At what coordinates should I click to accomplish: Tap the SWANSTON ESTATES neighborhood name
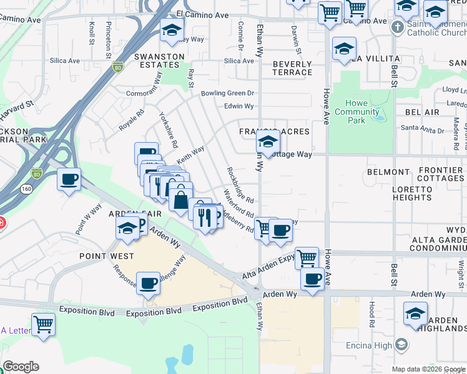[159, 62]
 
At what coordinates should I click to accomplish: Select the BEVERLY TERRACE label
[292, 68]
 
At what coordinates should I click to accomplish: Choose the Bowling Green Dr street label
[228, 93]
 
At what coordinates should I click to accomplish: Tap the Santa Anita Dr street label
[422, 130]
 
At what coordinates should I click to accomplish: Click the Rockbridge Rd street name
[240, 185]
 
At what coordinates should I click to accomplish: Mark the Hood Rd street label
[371, 315]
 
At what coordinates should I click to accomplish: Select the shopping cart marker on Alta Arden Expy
[307, 257]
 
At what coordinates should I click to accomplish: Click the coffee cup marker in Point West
[148, 283]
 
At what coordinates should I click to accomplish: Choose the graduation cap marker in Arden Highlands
[415, 314]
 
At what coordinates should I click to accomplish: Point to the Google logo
[21, 367]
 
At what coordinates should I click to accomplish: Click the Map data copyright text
[428, 369]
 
